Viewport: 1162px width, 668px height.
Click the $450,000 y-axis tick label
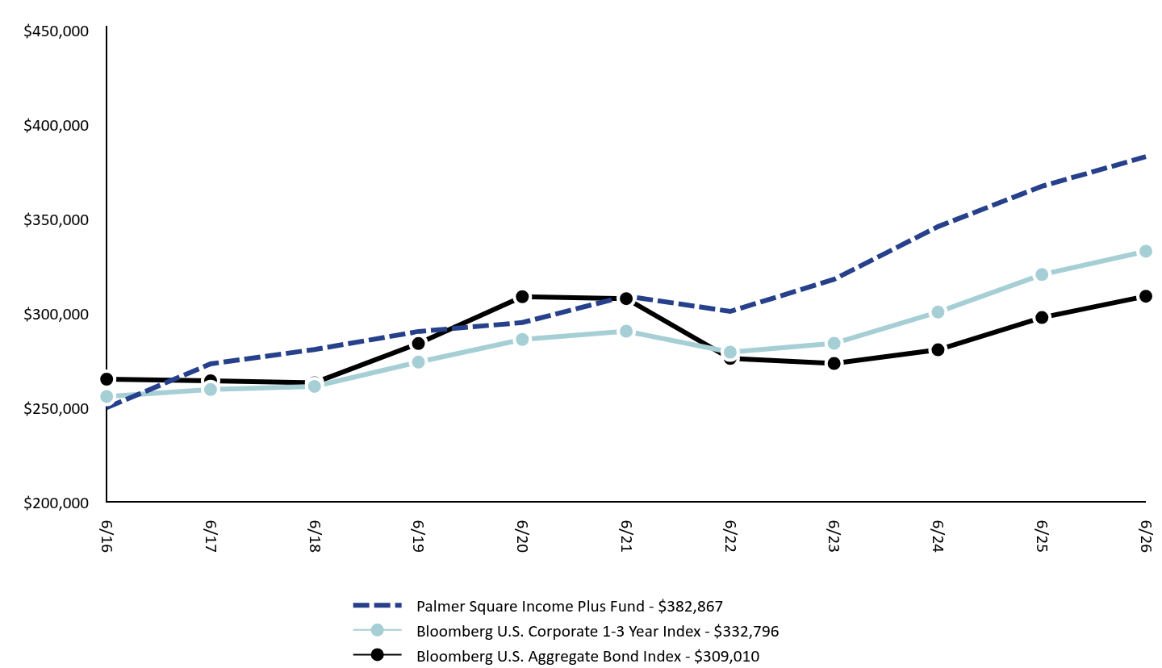pyautogui.click(x=56, y=31)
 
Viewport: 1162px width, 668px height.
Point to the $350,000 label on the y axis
pyautogui.click(x=56, y=220)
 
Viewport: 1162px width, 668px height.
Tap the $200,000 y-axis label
pyautogui.click(x=56, y=503)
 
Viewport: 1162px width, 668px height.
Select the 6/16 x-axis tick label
pyautogui.click(x=107, y=536)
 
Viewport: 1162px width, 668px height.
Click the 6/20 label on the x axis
pyautogui.click(x=522, y=536)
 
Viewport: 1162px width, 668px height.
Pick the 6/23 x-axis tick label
pyautogui.click(x=834, y=536)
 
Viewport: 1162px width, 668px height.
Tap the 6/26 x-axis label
pyautogui.click(x=1145, y=536)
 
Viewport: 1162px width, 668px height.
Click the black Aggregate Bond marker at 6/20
pyautogui.click(x=522, y=297)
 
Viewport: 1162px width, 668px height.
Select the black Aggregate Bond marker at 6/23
pyautogui.click(x=834, y=363)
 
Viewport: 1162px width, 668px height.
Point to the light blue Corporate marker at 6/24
pyautogui.click(x=938, y=311)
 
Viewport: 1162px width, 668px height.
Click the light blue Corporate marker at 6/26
pyautogui.click(x=1145, y=252)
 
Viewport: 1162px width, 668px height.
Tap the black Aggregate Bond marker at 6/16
pyautogui.click(x=107, y=379)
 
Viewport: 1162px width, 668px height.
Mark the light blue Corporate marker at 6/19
pyautogui.click(x=418, y=362)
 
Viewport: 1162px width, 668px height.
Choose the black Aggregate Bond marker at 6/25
pyautogui.click(x=1041, y=317)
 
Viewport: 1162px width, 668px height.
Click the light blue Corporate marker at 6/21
pyautogui.click(x=626, y=331)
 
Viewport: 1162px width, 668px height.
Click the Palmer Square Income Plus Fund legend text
pyautogui.click(x=530, y=606)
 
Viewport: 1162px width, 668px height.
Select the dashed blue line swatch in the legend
pyautogui.click(x=377, y=605)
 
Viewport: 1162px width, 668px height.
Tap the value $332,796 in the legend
pyautogui.click(x=746, y=631)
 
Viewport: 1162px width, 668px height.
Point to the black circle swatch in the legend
pyautogui.click(x=377, y=655)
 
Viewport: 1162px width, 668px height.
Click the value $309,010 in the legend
pyautogui.click(x=727, y=656)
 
